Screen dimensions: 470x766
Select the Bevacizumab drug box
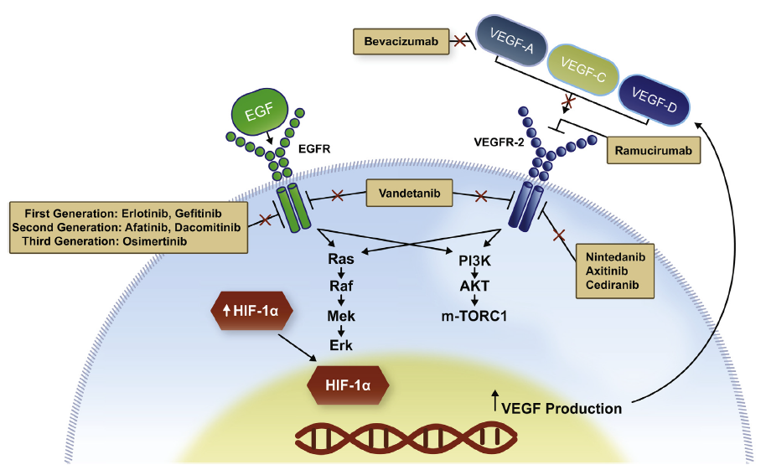coord(401,40)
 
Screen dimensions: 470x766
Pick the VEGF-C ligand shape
coord(583,72)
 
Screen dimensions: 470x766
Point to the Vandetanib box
coord(409,196)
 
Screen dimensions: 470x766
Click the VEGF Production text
coord(562,409)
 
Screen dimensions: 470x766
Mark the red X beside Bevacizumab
coord(459,40)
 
